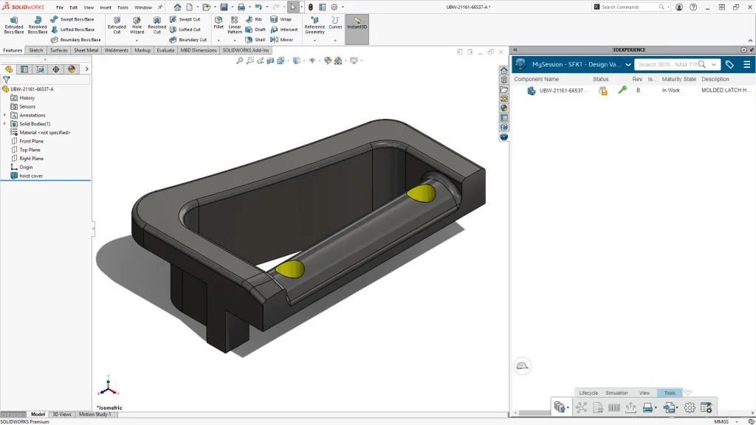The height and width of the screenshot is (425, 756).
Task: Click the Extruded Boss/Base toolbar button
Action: (14, 25)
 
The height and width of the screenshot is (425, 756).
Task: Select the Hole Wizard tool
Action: (137, 25)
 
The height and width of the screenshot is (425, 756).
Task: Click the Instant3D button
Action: (357, 25)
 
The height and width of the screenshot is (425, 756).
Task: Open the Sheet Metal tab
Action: (86, 50)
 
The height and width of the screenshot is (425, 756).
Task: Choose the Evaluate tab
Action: (165, 50)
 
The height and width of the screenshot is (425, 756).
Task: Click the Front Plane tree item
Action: (31, 141)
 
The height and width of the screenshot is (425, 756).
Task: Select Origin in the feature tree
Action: (26, 167)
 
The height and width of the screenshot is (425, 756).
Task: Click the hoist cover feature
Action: (31, 176)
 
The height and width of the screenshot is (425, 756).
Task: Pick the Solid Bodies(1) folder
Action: (34, 124)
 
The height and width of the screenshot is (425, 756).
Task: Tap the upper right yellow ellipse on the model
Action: (421, 194)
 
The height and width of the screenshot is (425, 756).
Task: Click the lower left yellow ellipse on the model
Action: (290, 269)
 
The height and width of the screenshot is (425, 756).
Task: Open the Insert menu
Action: (106, 7)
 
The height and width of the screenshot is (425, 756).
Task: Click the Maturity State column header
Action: (678, 79)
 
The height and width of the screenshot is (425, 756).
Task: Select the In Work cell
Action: (670, 90)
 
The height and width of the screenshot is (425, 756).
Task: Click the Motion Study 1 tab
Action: (94, 415)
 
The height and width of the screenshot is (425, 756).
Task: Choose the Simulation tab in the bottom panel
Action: (616, 393)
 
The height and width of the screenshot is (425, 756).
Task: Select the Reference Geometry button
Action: (315, 25)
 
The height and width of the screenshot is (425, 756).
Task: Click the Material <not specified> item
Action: (44, 133)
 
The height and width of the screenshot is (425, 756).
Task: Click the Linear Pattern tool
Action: (235, 25)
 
